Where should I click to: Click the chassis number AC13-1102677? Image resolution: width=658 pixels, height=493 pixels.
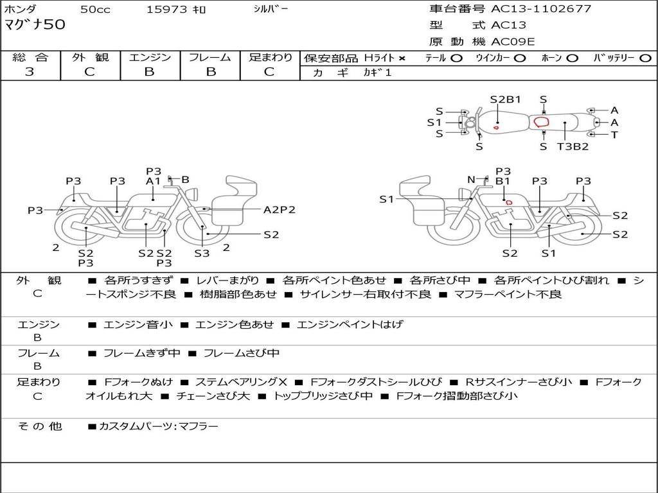click(541, 9)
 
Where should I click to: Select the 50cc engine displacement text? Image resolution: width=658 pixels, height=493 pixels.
click(94, 10)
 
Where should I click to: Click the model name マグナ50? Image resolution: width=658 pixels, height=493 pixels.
click(35, 26)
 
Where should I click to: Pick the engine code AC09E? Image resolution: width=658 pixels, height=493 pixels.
click(513, 42)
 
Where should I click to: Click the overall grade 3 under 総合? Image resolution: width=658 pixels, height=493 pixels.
click(30, 72)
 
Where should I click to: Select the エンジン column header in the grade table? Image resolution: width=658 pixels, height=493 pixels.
click(150, 57)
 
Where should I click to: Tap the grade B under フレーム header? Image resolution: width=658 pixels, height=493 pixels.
click(210, 72)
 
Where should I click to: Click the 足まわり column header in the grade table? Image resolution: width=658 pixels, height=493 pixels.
click(271, 57)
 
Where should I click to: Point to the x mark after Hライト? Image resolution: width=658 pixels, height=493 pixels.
click(402, 58)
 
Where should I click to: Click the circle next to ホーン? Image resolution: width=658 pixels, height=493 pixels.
click(573, 58)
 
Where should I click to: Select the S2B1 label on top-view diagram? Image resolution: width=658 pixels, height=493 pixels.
click(505, 99)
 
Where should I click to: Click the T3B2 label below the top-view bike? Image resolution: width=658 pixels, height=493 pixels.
click(573, 146)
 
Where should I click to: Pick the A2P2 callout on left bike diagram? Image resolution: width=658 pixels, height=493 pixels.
click(280, 210)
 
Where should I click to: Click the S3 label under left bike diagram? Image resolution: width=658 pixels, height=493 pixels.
click(202, 254)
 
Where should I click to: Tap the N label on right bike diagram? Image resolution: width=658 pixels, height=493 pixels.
click(471, 180)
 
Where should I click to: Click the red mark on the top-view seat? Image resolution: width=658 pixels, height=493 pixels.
click(541, 121)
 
